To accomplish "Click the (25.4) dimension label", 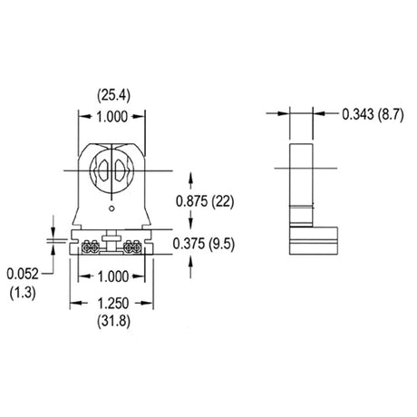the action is click(x=113, y=96).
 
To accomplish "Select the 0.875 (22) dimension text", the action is click(x=205, y=201).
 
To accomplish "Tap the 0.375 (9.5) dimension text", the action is click(x=204, y=244).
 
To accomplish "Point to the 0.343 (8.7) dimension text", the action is click(x=373, y=115).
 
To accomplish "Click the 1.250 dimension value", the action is click(x=113, y=304).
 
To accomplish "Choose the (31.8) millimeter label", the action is click(x=113, y=321).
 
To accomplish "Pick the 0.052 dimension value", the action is click(x=23, y=274).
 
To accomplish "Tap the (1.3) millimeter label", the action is click(x=23, y=293).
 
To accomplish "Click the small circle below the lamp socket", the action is click(x=112, y=208).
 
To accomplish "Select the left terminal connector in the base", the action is click(x=91, y=247).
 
